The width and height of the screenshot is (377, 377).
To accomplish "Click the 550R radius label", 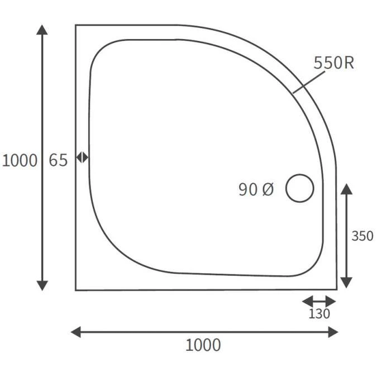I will [x=333, y=63].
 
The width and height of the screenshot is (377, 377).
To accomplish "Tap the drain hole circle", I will [x=300, y=188].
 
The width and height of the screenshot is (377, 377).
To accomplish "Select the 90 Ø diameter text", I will [x=256, y=190].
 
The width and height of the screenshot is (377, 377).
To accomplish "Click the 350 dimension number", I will [x=362, y=236].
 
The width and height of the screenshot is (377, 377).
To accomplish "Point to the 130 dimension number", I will [x=319, y=314].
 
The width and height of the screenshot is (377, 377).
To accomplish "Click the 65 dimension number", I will [x=58, y=160].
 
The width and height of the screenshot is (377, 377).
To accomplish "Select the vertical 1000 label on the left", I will [x=20, y=160].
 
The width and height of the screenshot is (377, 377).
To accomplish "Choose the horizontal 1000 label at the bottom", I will [x=203, y=345].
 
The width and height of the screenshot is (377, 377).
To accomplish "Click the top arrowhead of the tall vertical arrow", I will [x=42, y=29].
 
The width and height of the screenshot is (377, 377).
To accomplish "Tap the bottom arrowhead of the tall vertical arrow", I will [x=42, y=285].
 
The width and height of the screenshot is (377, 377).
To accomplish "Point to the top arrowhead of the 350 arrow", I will [x=346, y=188].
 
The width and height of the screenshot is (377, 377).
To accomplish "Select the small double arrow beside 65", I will [x=82, y=158].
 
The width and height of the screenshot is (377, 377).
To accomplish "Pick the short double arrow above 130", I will [x=319, y=301].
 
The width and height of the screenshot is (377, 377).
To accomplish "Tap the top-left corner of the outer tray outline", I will [x=76, y=25].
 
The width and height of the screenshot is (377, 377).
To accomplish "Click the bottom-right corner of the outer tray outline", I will [x=336, y=289].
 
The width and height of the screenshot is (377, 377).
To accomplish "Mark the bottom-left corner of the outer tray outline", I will [x=76, y=290].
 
